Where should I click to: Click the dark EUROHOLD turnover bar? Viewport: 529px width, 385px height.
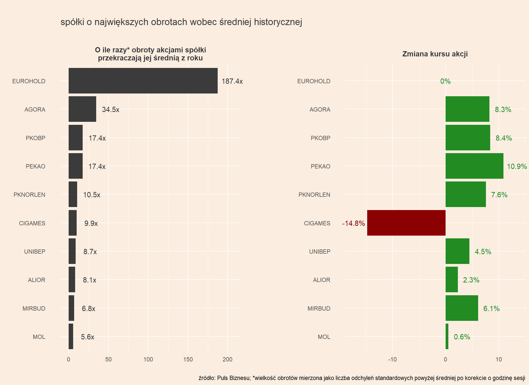point(143,81)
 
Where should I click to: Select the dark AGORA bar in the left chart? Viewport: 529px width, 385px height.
point(82,109)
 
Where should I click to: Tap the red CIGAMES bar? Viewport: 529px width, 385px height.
point(406,223)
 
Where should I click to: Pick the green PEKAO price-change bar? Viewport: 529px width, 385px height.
point(474,166)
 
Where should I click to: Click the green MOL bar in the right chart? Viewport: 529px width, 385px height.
point(447,336)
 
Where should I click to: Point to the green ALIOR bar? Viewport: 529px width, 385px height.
point(451,279)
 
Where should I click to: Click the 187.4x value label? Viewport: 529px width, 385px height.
point(232,81)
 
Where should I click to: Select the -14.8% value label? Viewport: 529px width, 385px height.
point(353,223)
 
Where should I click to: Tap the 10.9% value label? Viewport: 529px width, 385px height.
point(516,166)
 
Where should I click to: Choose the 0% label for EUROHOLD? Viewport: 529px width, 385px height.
point(445,81)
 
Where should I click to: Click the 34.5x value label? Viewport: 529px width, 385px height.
point(110,110)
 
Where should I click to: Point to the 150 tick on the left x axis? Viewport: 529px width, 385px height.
point(188,359)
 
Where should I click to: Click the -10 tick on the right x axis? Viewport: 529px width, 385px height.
point(392,359)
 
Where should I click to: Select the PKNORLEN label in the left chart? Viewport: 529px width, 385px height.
point(29,195)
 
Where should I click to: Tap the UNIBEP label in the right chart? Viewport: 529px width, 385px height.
point(320,252)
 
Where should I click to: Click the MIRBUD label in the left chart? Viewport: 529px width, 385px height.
point(34,309)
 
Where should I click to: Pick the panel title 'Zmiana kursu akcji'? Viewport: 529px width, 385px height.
point(435,54)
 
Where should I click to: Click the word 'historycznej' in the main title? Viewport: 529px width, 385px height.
point(278,22)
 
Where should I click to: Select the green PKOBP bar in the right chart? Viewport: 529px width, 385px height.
point(468,138)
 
